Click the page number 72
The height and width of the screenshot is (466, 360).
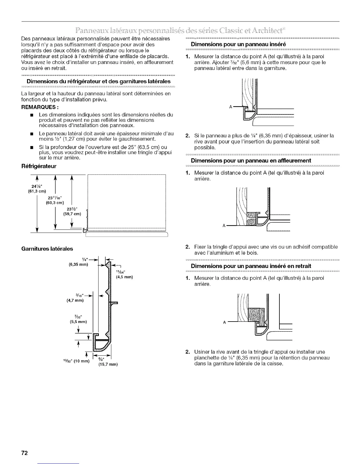point(24,453)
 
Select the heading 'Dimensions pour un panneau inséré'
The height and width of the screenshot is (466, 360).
point(239,44)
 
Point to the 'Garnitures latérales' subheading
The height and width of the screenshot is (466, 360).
point(47,249)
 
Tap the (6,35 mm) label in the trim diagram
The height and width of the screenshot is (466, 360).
point(78,264)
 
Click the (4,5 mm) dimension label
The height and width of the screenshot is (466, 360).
point(124,277)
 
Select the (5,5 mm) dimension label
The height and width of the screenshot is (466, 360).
point(79,322)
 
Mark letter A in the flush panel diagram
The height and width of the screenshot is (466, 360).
point(224,226)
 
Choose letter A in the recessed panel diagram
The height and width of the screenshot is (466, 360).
point(224,322)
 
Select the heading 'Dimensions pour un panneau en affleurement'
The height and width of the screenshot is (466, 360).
point(251,161)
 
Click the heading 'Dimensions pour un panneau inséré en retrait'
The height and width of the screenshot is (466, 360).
point(251,266)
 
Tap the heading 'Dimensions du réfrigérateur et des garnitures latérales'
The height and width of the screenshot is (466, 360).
point(98,81)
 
